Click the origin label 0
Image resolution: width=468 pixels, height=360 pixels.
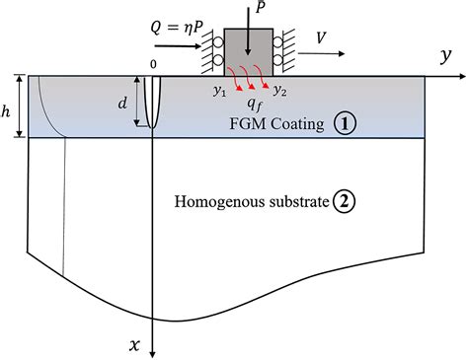(153, 65)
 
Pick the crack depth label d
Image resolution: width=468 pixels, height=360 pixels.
(122, 103)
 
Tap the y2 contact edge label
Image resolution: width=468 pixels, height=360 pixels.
(280, 92)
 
